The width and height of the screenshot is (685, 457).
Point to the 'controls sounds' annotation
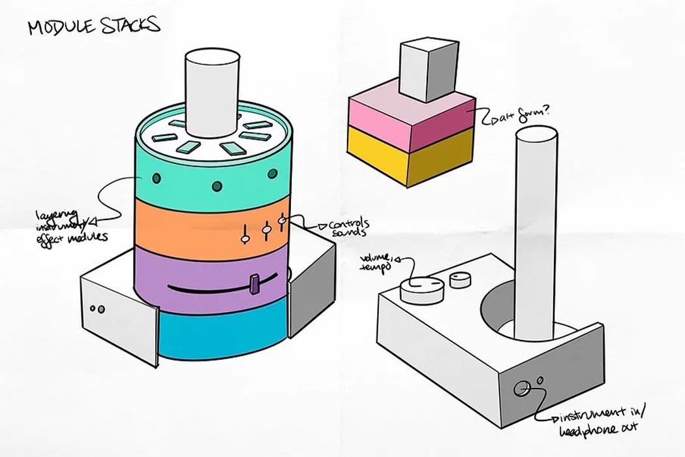341,228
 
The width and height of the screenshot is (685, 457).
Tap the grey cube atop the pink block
425,70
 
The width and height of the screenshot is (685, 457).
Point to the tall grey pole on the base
535,228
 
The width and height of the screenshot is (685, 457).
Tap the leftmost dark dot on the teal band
157,178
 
